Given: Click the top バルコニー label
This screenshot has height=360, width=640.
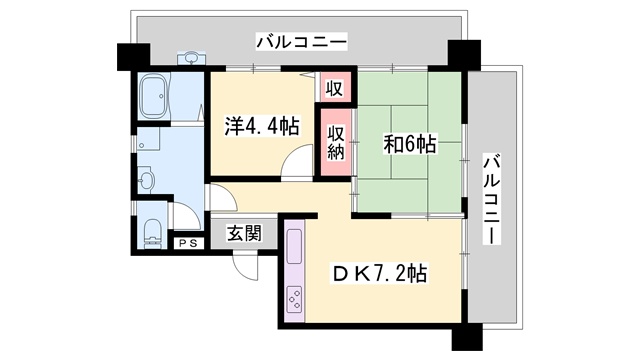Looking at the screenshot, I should [301, 42].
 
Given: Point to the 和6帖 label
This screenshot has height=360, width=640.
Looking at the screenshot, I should [410, 144].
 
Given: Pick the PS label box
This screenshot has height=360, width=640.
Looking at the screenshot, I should [186, 243].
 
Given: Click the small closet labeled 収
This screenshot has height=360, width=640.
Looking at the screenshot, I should [334, 87].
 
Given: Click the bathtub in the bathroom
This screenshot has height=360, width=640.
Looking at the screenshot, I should [154, 98].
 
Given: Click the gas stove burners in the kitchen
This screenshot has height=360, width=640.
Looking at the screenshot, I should [294, 298].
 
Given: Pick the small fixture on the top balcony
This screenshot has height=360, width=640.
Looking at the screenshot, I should [190, 57].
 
